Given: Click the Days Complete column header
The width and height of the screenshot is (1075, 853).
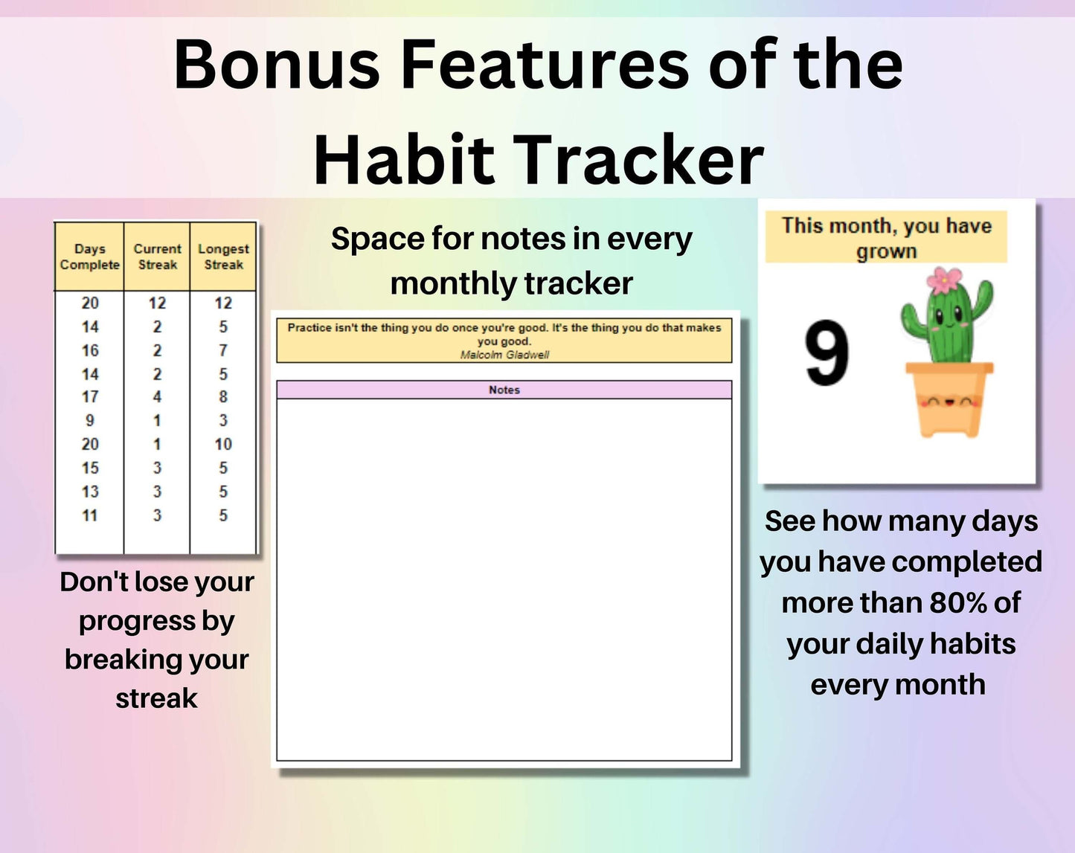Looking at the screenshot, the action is [90, 257].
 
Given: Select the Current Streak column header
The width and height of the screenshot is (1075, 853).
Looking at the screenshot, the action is [158, 257].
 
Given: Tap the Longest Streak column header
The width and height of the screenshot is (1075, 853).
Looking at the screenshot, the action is [223, 257].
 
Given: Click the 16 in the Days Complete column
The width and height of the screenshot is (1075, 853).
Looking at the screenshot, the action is [90, 350].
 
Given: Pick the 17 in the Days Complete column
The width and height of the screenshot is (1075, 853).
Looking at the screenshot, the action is [90, 397].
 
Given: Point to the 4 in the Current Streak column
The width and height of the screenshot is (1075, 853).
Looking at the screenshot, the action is [157, 397].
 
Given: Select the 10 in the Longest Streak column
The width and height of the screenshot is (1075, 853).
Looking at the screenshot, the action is [223, 444].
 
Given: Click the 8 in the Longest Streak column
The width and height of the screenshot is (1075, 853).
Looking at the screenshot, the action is [223, 397].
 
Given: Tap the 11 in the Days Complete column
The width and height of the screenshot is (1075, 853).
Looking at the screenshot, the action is [90, 515].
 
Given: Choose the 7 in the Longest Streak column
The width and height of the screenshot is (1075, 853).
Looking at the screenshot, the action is [223, 350].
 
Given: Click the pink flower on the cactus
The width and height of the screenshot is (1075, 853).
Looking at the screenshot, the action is [943, 280].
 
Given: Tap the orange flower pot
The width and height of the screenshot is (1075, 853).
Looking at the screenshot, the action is [949, 399].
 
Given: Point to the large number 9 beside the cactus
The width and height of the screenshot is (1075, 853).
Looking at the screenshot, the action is [827, 353].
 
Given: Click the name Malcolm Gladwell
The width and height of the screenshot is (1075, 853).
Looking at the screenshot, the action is [504, 355].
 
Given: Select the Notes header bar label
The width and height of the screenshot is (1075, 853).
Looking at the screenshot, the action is [504, 390].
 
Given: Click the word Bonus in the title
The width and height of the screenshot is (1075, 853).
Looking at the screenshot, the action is [276, 65].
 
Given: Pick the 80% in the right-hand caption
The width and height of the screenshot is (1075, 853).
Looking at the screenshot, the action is [951, 603].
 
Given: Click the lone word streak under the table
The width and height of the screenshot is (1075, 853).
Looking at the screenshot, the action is [156, 698].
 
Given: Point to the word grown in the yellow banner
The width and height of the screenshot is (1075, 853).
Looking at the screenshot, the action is [887, 251].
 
